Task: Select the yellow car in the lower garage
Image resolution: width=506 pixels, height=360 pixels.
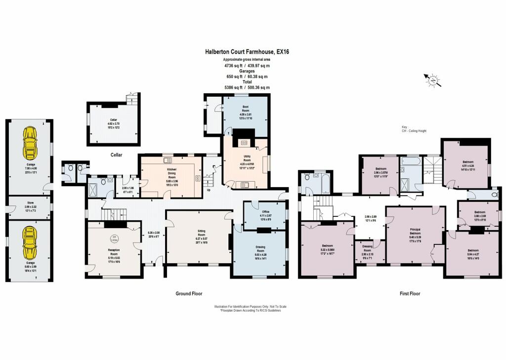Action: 30,239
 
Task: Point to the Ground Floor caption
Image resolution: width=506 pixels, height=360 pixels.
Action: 189,293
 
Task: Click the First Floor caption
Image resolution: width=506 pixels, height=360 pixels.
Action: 410,293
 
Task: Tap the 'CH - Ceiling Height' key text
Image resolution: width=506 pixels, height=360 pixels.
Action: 414,131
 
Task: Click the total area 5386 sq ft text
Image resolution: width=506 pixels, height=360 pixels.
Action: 247,87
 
